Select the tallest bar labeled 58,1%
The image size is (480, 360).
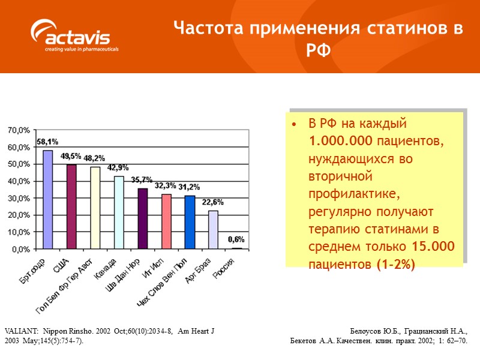(47, 199)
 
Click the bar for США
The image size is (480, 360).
(71, 206)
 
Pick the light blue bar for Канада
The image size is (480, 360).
(119, 212)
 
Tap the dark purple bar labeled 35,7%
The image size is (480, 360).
(143, 218)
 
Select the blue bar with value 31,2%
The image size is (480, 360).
(190, 222)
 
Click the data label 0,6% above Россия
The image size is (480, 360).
(236, 239)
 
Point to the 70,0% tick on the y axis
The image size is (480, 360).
(18, 130)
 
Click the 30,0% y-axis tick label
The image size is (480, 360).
(18, 198)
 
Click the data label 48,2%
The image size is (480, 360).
(95, 158)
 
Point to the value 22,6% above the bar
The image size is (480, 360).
(212, 202)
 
